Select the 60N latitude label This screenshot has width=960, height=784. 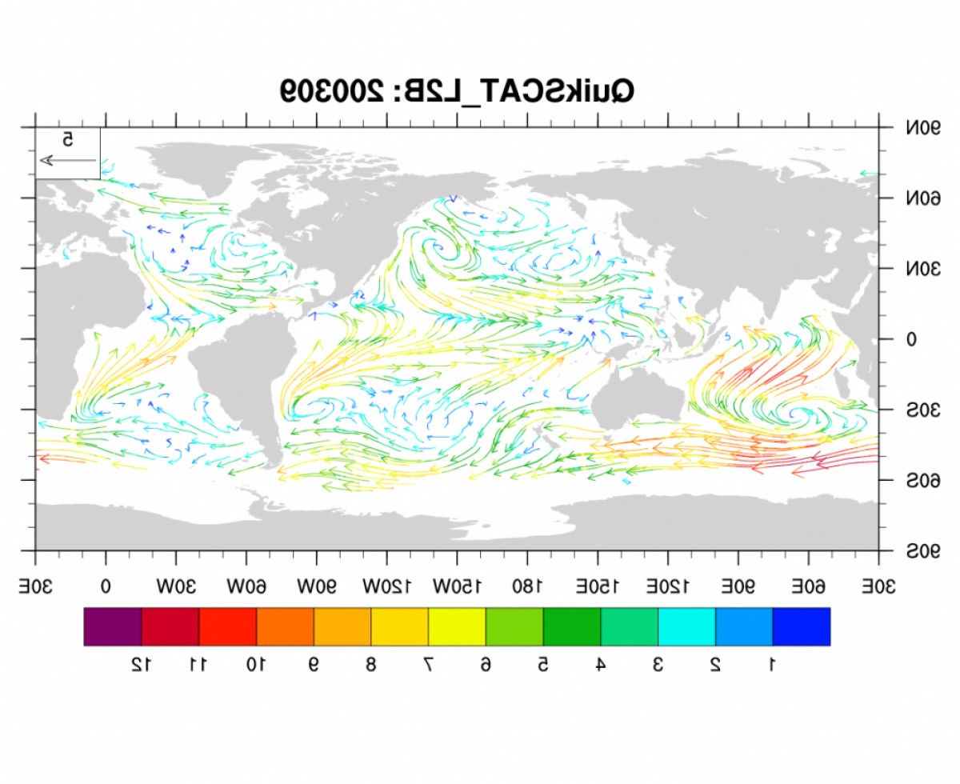923,198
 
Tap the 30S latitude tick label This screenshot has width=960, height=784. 923,410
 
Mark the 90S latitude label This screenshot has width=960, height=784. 923,551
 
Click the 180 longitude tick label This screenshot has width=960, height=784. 527,586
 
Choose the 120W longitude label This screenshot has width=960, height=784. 386,586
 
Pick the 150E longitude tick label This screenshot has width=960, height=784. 598,586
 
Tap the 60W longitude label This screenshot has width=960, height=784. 246,586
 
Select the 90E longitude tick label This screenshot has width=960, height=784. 738,586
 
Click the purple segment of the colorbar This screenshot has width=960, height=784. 113,626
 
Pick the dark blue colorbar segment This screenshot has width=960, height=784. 801,626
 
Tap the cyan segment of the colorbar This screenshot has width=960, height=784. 686,626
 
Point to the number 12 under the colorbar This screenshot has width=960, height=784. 141,664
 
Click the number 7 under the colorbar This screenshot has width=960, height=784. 429,664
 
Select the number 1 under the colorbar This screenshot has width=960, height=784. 772,664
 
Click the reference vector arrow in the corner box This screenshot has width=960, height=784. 68,161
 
